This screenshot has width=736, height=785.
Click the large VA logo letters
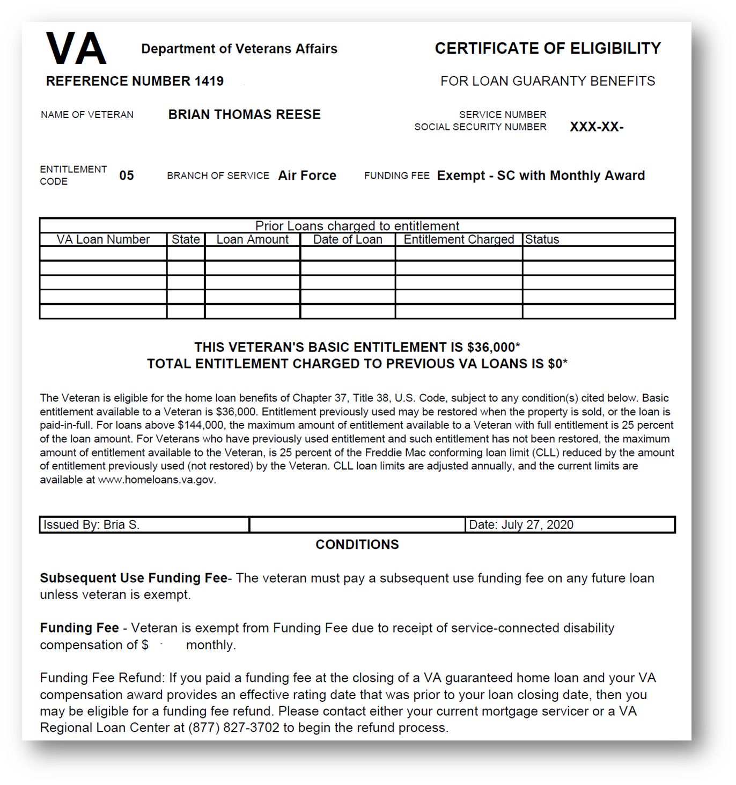[x=76, y=49]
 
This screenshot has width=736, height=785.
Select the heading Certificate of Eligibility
[x=547, y=48]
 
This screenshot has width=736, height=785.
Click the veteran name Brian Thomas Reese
[x=244, y=114]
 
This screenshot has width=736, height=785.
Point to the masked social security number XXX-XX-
[x=596, y=127]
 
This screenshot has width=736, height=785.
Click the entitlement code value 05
[x=127, y=175]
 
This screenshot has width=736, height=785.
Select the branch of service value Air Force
[x=307, y=175]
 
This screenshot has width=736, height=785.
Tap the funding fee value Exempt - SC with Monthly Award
[x=541, y=175]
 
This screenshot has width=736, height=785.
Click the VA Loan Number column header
[x=103, y=239]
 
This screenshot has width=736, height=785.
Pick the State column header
[x=186, y=239]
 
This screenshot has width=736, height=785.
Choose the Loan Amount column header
[x=252, y=239]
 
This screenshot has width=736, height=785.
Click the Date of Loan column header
[x=348, y=239]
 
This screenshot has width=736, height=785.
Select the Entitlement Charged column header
[x=459, y=239]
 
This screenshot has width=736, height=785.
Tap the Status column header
[x=542, y=239]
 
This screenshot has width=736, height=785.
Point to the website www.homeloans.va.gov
[x=156, y=480]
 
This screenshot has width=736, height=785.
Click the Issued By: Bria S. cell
[x=92, y=525]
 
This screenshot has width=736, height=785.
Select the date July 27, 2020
[x=537, y=525]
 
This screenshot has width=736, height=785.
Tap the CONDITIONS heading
[x=357, y=545]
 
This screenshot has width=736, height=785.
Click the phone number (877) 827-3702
[x=233, y=728]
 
